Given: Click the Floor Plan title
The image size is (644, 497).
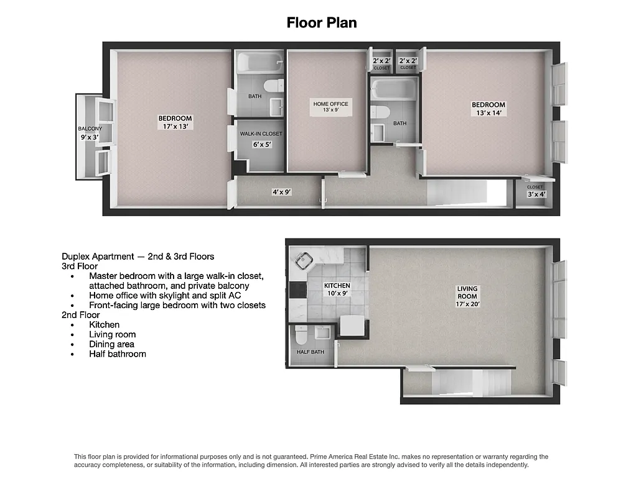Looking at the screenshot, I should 321,23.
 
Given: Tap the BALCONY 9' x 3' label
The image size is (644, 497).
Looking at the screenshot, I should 90,133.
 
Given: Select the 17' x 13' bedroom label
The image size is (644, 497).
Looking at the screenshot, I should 175,122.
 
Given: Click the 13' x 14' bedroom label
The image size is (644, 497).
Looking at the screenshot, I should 488,109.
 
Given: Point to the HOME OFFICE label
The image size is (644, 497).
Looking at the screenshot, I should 330,107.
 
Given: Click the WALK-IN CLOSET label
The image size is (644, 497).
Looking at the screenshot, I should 261,139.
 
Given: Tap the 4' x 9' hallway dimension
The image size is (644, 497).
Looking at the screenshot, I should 281,193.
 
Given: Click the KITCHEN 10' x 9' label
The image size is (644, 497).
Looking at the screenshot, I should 337,290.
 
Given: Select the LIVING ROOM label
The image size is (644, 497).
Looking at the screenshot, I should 467,296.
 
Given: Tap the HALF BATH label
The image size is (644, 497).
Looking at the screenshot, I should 310,352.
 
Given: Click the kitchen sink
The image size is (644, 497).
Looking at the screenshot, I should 305,262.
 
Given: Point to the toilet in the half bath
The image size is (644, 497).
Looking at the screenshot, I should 300,335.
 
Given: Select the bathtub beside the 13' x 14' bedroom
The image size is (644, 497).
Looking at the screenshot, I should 394,89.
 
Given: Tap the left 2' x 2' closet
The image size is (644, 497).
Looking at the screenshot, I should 381,63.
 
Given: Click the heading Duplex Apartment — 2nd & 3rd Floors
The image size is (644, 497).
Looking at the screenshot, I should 138,256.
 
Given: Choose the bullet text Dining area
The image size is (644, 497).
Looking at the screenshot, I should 111,344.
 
